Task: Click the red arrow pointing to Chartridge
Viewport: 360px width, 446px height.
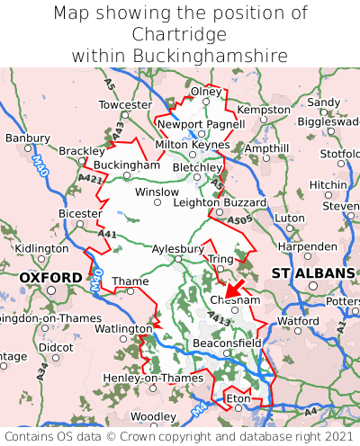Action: click(237, 289)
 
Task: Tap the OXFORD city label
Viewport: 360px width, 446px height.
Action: click(50, 278)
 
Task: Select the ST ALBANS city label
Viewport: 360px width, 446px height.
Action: click(312, 272)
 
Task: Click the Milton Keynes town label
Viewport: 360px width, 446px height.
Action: click(193, 144)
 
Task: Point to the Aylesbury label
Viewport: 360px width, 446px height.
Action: click(179, 248)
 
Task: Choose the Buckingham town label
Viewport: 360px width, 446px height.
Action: click(127, 165)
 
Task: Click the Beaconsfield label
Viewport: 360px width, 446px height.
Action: click(228, 343)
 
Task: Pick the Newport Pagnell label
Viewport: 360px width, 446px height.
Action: click(201, 124)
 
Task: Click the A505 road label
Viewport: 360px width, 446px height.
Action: click(239, 219)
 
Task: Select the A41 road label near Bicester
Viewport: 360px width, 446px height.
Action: click(108, 234)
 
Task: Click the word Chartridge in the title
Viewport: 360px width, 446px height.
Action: click(180, 34)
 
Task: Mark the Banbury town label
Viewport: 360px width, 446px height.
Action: click(27, 138)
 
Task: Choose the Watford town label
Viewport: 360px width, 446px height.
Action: click(298, 320)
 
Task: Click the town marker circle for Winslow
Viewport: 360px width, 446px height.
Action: click(157, 202)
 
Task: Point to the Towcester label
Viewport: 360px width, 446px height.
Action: click(125, 105)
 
